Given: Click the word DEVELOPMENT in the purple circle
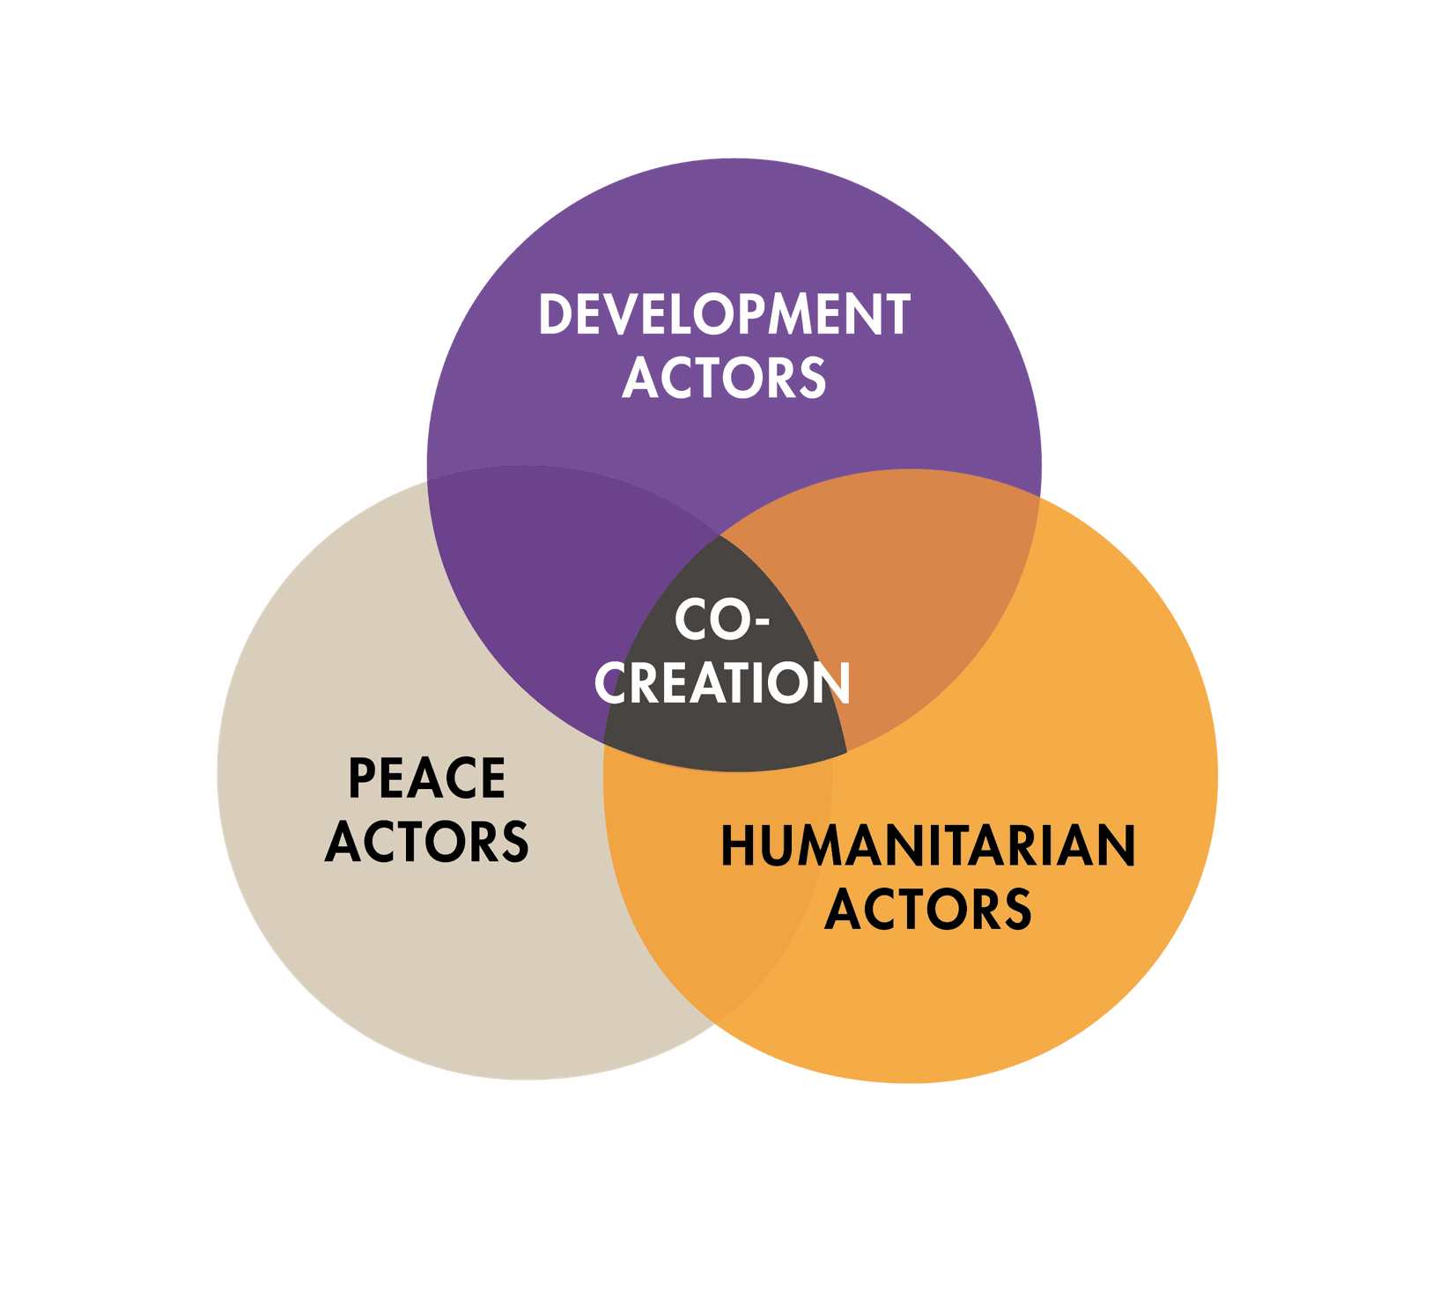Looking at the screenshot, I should coord(724,315).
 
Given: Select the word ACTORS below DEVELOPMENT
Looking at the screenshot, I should coord(724,378).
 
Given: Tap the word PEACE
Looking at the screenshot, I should coord(427,778).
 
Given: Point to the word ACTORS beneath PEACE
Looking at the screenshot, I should coord(427,841).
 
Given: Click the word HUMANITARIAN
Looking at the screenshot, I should coord(928,846).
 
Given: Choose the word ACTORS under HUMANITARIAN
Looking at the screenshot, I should coord(928,909).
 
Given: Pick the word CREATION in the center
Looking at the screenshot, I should coord(722,683).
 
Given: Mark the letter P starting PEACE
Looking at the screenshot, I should coord(362,778).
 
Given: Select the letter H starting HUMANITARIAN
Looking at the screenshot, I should coord(740,846).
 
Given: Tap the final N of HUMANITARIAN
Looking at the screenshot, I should coord(1117,846).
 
